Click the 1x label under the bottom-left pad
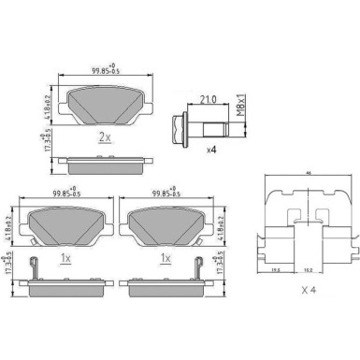64,257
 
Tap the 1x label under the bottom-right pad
166,257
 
